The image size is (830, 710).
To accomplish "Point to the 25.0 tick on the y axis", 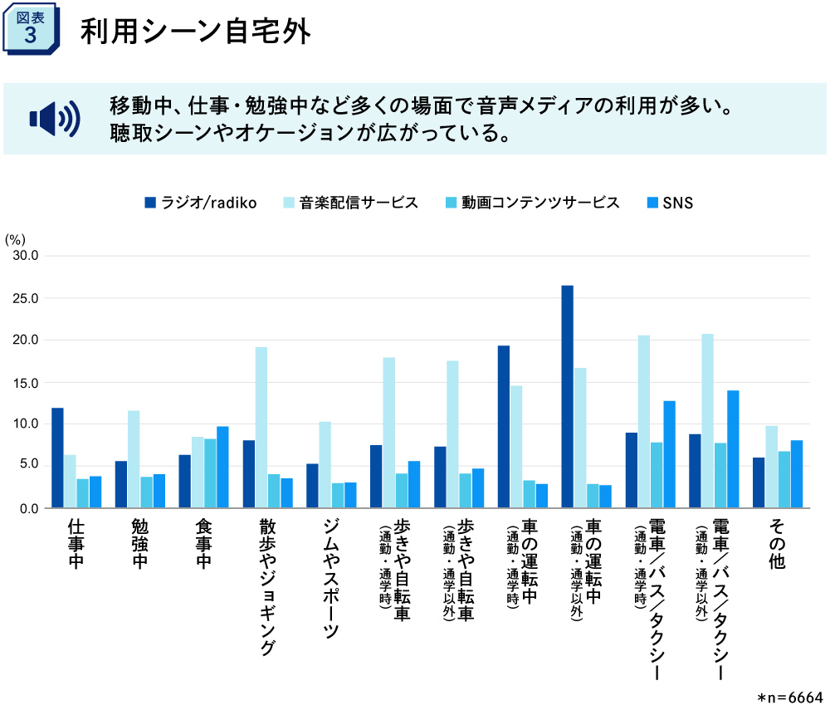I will pyautogui.click(x=26, y=298).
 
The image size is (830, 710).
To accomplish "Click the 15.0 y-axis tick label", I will pyautogui.click(x=26, y=383).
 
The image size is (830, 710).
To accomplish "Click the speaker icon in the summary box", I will pyautogui.click(x=55, y=119).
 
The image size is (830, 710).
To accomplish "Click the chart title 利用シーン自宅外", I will pyautogui.click(x=195, y=32).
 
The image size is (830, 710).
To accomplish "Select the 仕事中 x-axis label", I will pyautogui.click(x=76, y=544).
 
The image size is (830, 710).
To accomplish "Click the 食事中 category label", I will pyautogui.click(x=203, y=544).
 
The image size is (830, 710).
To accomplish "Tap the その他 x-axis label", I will pyautogui.click(x=777, y=544).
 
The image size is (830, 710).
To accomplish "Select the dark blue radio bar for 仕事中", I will pyautogui.click(x=57, y=458).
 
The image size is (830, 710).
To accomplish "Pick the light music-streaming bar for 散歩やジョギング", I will pyautogui.click(x=261, y=427).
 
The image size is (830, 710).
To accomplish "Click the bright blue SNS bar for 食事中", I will pyautogui.click(x=222, y=467).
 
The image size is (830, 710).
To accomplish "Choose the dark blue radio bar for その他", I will pyautogui.click(x=759, y=482).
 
